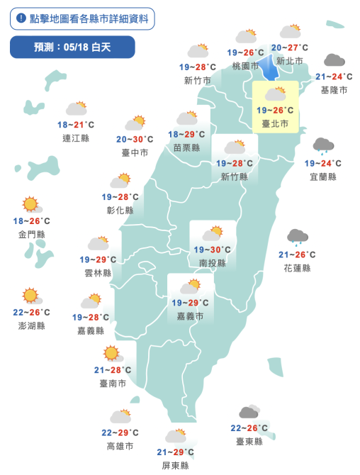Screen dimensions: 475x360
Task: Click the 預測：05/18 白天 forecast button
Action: click(x=73, y=47)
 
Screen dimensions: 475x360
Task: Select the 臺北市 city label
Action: click(x=275, y=123)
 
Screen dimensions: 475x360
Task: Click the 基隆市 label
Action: click(x=334, y=90)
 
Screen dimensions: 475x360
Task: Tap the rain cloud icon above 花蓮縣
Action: click(x=297, y=238)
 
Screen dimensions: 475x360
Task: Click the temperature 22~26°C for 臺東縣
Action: click(x=249, y=428)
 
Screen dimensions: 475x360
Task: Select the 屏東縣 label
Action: click(x=175, y=465)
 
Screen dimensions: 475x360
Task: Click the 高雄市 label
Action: click(x=120, y=446)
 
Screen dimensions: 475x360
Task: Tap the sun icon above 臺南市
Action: click(x=111, y=353)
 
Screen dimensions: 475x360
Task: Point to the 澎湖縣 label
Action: click(x=31, y=325)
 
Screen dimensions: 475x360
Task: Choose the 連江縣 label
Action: click(x=76, y=138)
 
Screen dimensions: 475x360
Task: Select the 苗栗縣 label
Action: click(x=187, y=147)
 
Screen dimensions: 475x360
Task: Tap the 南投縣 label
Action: click(x=212, y=262)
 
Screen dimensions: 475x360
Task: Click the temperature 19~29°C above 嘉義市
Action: click(x=189, y=303)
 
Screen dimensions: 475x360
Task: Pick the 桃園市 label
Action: click(x=246, y=66)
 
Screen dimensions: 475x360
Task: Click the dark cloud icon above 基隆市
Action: click(x=334, y=61)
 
